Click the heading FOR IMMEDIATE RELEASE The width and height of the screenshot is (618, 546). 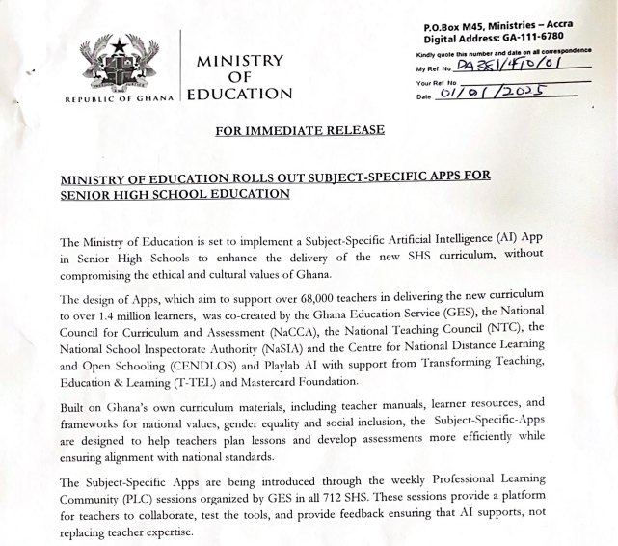tap(299, 130)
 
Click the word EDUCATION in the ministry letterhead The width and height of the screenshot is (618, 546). tap(239, 95)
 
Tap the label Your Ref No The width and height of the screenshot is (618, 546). tap(436, 81)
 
